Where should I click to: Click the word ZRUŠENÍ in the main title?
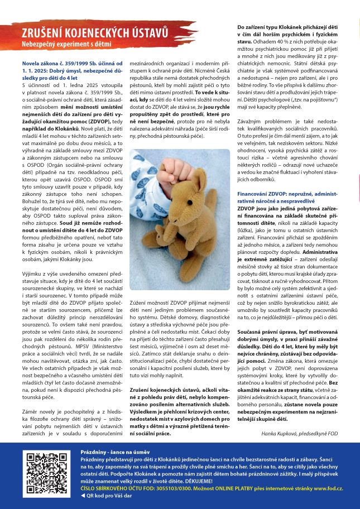[44, 33]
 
